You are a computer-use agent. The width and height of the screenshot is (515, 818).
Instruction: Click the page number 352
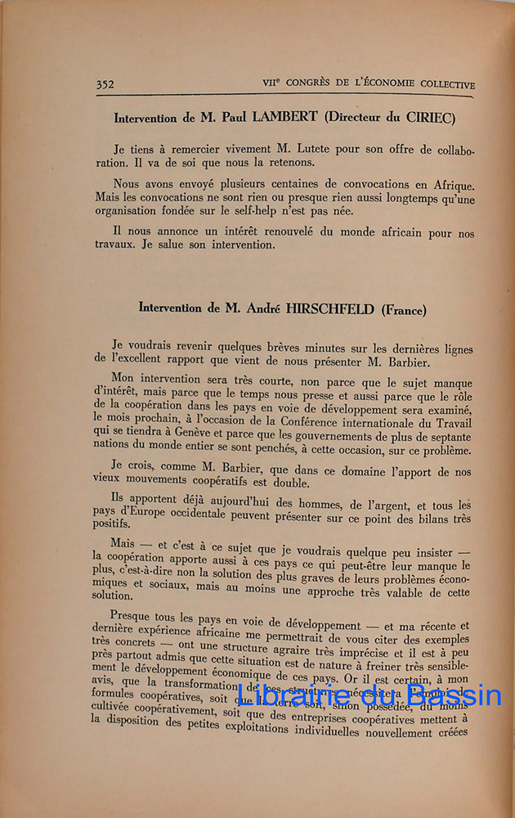tap(104, 83)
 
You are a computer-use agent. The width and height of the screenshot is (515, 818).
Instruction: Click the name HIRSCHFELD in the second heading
tap(330, 308)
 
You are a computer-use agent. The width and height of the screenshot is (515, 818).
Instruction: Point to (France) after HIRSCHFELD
tap(405, 308)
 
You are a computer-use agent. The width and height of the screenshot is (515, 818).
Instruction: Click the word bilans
tap(428, 518)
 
